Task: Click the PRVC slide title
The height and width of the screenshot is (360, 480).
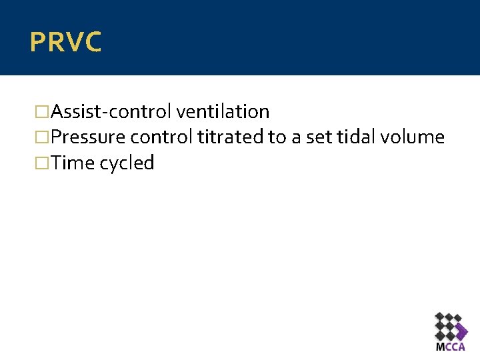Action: [65, 42]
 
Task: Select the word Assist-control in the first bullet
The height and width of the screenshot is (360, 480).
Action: [111, 111]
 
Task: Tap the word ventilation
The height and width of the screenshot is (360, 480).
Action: [223, 111]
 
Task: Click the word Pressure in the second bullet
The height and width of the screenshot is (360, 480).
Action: [89, 137]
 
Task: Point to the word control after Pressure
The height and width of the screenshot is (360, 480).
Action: [161, 137]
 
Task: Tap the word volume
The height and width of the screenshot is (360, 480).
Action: [413, 137]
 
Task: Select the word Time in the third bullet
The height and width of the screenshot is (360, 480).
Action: [73, 163]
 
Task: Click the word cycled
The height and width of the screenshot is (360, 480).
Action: [127, 163]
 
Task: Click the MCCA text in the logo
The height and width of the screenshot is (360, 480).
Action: [451, 347]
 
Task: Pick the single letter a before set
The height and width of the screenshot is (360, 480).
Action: [297, 138]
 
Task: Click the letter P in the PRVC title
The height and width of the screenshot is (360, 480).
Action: [37, 42]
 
